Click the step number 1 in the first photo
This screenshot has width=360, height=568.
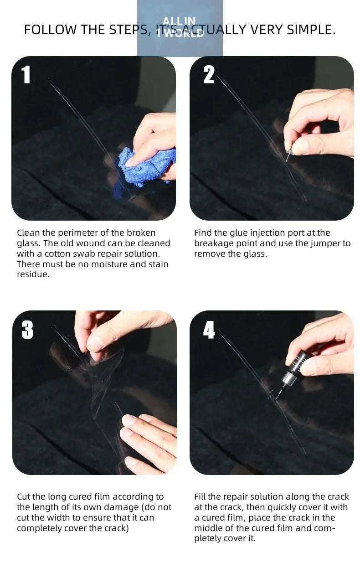26,75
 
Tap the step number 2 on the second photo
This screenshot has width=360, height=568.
209,75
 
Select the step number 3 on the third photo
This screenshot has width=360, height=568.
27,330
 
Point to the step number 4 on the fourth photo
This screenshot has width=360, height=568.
209,330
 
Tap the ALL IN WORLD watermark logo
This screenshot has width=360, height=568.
180,27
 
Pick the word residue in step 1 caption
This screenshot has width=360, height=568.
33,275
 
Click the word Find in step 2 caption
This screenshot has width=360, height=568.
202,233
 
